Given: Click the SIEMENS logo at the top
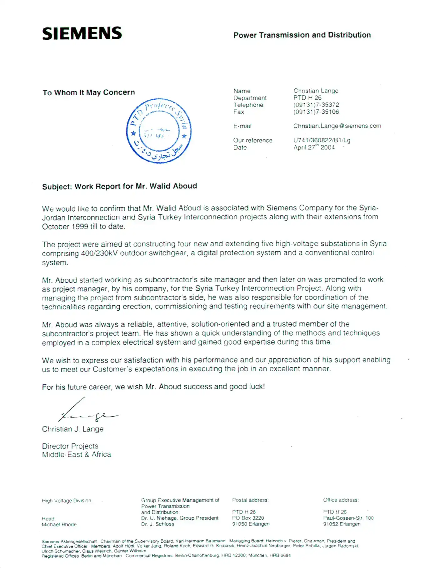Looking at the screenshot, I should coord(82,33).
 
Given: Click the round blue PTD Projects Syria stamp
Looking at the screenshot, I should coord(159,131).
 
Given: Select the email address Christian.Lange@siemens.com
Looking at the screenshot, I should coord(337,126).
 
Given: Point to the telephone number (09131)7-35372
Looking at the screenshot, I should coord(316,105).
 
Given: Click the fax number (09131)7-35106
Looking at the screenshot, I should coord(316,112).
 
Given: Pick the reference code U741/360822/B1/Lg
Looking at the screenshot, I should coord(322,140).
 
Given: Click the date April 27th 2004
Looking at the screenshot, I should coord(314,147).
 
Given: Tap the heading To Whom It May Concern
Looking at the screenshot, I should coord(89,92).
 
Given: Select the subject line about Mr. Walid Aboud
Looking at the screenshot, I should coord(119,186).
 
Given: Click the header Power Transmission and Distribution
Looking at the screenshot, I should coord(302,35).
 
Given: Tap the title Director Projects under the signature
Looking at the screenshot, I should coord(70,446).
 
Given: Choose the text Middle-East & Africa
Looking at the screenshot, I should coord(76,455).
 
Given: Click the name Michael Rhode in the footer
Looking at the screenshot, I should coord(59,524).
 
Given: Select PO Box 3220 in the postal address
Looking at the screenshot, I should coord(248,518).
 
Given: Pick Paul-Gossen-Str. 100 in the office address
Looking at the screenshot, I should coord(348,518).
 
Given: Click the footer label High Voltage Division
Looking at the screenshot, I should coord(66,501).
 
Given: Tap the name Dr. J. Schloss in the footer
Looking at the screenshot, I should coord(157,524).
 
